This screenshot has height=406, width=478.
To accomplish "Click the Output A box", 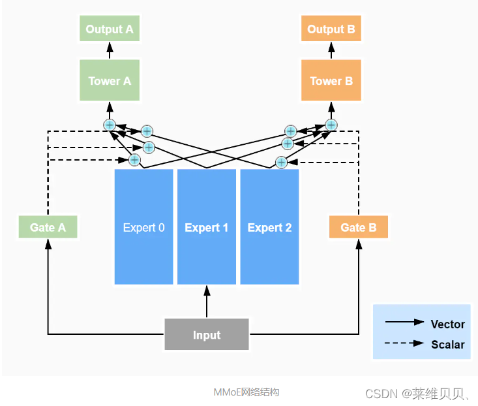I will tap(110, 29).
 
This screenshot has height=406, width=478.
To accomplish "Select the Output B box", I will tap(331, 29).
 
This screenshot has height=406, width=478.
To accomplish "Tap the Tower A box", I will tap(110, 81).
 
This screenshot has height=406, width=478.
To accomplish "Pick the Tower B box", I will tap(331, 81).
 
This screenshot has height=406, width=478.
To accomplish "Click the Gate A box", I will tap(48, 228).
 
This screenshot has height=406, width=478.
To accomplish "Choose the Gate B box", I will tap(358, 228).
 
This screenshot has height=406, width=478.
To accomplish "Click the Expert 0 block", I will tap(143, 227).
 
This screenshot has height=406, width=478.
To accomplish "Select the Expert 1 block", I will tap(206, 227).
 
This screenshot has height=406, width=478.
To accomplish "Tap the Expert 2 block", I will tap(269, 227).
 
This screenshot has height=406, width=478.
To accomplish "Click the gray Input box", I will tap(206, 335).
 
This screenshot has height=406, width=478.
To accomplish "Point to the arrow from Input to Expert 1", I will tap(206, 302).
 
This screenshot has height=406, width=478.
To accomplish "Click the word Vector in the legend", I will tap(447, 324).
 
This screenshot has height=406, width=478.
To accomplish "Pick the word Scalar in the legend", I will tap(447, 345).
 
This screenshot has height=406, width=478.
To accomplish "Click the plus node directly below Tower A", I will tap(110, 125).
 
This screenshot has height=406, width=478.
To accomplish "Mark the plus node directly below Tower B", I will tap(331, 125).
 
